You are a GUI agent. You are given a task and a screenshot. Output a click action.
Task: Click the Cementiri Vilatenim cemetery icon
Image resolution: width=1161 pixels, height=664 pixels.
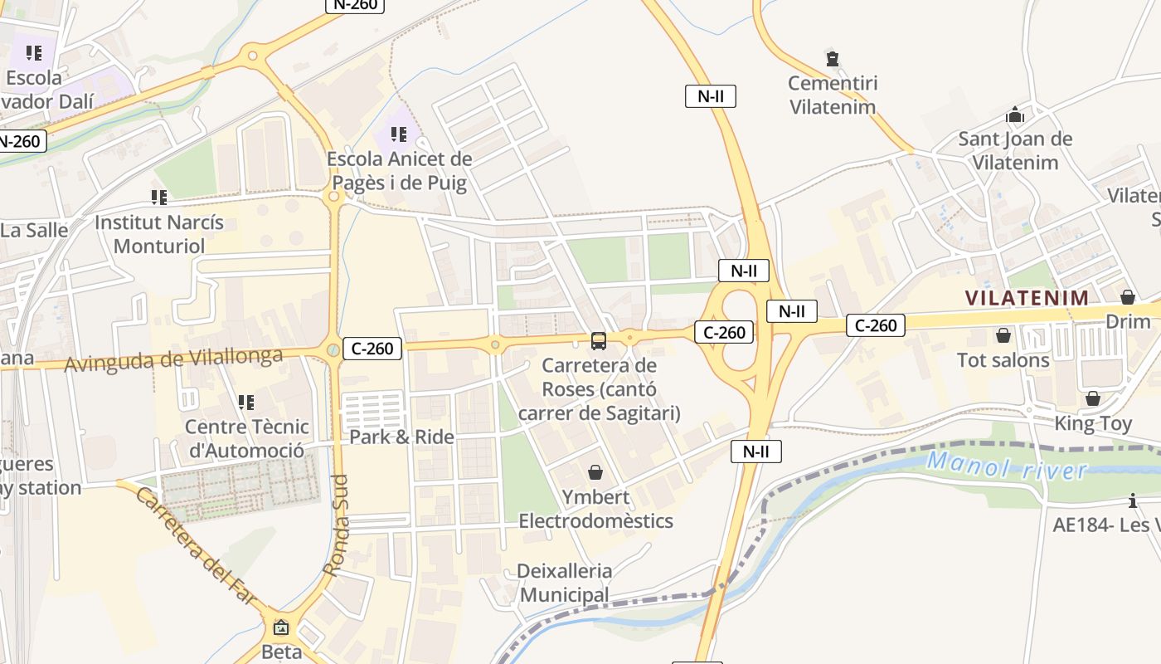[833, 59]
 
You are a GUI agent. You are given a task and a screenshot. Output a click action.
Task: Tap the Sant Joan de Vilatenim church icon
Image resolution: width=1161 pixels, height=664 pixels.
[1015, 115]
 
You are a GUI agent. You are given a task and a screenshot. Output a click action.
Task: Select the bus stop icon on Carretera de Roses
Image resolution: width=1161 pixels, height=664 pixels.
[598, 340]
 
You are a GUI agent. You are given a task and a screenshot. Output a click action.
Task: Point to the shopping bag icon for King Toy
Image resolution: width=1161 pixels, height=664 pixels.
[1093, 398]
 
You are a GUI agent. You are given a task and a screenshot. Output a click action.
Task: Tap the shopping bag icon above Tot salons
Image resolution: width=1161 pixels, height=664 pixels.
[1003, 335]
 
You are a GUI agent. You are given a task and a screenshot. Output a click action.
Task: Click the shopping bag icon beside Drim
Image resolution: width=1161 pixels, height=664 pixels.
[1128, 296]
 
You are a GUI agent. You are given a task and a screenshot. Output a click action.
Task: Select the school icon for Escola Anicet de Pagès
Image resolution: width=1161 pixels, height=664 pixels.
[399, 134]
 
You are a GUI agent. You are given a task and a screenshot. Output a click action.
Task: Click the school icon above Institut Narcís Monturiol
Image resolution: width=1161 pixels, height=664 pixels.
[159, 198]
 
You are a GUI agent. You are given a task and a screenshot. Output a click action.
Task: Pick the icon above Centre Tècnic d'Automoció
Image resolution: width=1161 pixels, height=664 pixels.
[246, 403]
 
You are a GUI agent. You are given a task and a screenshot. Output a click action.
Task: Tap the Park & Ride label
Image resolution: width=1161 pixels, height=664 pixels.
[401, 437]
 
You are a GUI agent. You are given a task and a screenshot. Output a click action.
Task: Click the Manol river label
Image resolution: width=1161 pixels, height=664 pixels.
[1006, 466]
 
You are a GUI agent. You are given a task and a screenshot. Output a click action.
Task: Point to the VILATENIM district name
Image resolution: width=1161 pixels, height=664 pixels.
[1027, 297]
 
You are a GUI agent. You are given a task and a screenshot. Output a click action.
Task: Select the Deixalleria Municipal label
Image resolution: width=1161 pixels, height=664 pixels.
[564, 583]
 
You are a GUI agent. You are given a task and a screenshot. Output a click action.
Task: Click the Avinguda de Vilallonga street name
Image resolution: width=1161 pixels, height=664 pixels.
[173, 360]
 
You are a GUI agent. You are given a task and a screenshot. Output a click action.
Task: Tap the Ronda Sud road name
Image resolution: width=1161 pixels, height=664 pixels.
[335, 525]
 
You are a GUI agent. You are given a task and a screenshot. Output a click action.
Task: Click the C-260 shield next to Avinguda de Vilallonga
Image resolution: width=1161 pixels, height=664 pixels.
[372, 349]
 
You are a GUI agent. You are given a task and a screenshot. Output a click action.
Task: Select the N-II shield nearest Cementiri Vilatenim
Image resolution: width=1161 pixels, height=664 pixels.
[711, 95]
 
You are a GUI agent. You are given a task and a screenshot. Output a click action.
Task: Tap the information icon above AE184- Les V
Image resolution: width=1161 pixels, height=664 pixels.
[1133, 500]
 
